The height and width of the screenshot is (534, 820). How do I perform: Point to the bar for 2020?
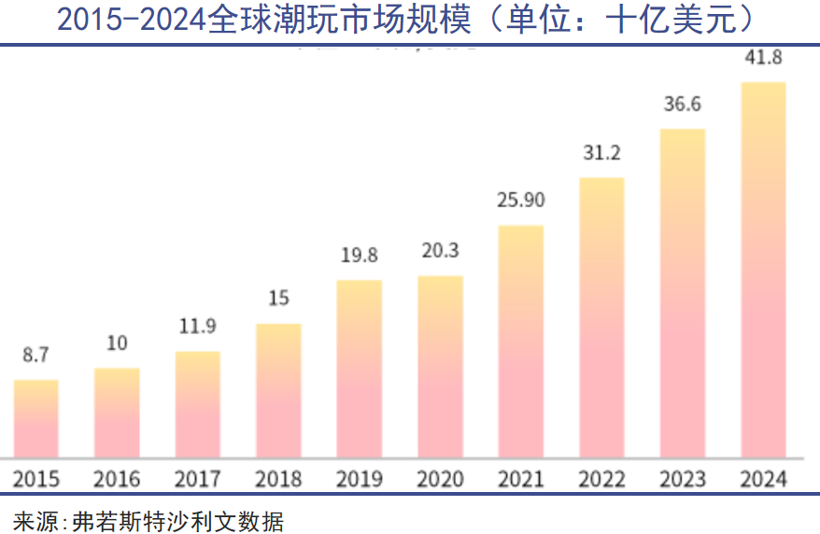tap(440, 366)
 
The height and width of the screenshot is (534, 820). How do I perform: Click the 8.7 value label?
tap(35, 355)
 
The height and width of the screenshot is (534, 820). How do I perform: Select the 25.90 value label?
tap(520, 200)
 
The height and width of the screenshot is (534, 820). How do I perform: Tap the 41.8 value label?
tap(763, 58)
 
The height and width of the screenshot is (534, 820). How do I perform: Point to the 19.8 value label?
tap(359, 255)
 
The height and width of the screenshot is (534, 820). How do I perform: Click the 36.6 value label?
tap(682, 104)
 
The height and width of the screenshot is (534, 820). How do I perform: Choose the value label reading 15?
tap(278, 299)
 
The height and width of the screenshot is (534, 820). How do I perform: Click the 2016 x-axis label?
tap(117, 479)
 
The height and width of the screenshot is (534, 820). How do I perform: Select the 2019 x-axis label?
tap(359, 479)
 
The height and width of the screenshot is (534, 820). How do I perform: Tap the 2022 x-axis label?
tap(601, 479)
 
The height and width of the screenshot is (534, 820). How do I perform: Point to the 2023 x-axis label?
tap(682, 479)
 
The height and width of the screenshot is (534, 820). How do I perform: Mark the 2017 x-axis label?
tap(197, 479)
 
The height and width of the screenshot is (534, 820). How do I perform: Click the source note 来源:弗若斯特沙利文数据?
tap(148, 519)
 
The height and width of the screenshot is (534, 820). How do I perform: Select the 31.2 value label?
tap(601, 152)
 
